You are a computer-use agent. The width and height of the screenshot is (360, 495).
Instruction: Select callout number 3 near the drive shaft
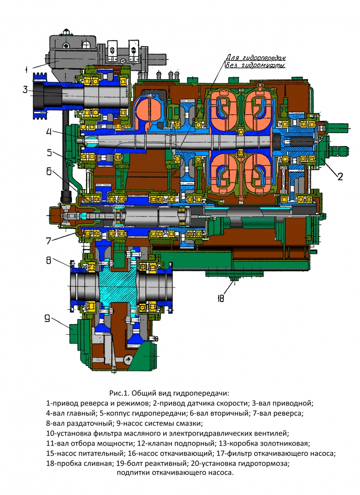point(25,90)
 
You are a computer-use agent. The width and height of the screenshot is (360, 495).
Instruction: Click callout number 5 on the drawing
point(50,152)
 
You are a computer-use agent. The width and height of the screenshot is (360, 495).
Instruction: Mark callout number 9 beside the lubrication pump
point(48,319)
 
